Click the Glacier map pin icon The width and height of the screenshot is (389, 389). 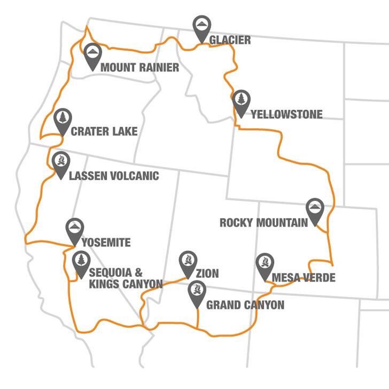201,27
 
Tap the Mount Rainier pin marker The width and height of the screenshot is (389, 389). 92,55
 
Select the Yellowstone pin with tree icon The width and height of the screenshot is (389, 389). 241,102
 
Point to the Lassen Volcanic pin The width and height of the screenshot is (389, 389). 60,162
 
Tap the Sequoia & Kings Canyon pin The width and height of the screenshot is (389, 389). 81,262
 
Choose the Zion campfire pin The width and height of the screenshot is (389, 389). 186,262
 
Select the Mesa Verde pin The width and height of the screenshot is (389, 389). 263,265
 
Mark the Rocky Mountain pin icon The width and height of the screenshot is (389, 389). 314,210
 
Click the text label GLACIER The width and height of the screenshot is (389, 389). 230,40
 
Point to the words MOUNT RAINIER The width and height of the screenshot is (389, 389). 139,68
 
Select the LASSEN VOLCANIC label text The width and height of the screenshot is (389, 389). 114,175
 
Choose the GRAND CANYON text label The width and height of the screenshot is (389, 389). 245,306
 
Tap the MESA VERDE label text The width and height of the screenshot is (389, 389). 304,278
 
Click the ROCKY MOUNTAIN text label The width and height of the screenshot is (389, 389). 264,223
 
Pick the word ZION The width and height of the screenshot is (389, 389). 207,274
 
